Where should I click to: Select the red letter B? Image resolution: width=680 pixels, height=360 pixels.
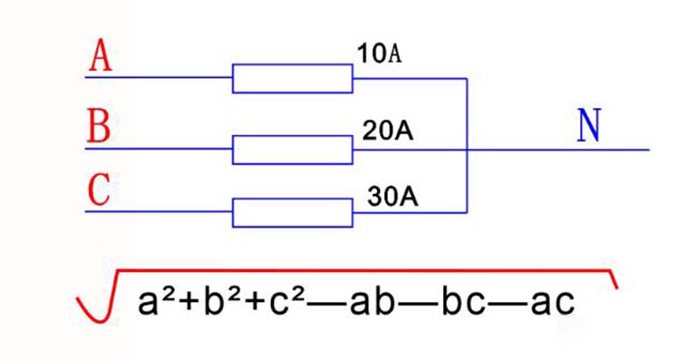tap(99, 127)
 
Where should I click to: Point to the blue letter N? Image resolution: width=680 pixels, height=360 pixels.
tap(588, 128)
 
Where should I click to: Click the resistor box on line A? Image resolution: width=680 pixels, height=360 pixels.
tap(292, 78)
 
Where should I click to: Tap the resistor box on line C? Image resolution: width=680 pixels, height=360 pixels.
tap(292, 212)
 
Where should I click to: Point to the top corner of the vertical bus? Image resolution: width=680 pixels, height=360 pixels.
tap(466, 78)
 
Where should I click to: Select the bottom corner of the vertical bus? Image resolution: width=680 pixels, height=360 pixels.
tap(466, 212)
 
